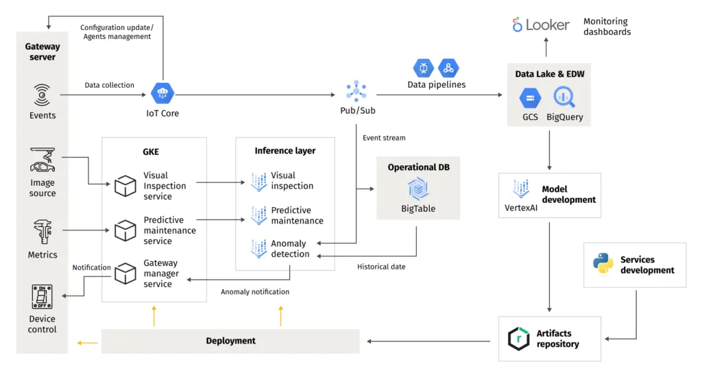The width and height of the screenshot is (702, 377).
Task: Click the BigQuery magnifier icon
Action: [564, 97]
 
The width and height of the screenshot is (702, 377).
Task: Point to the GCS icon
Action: [530, 98]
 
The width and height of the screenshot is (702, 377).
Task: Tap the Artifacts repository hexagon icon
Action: [518, 339]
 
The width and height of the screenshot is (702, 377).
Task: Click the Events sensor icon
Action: [42, 95]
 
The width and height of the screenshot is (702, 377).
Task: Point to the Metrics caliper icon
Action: [42, 232]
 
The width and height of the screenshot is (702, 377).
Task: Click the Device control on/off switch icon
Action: [42, 297]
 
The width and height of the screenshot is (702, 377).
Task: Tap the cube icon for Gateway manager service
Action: [125, 273]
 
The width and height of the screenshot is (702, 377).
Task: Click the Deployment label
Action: [230, 341]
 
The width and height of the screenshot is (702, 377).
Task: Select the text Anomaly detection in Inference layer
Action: [290, 248]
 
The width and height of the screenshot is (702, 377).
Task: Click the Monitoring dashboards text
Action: [607, 27]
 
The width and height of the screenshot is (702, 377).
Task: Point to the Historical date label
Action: [381, 267]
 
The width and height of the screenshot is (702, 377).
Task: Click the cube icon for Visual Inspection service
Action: [125, 185]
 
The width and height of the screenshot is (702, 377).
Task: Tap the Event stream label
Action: [384, 138]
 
